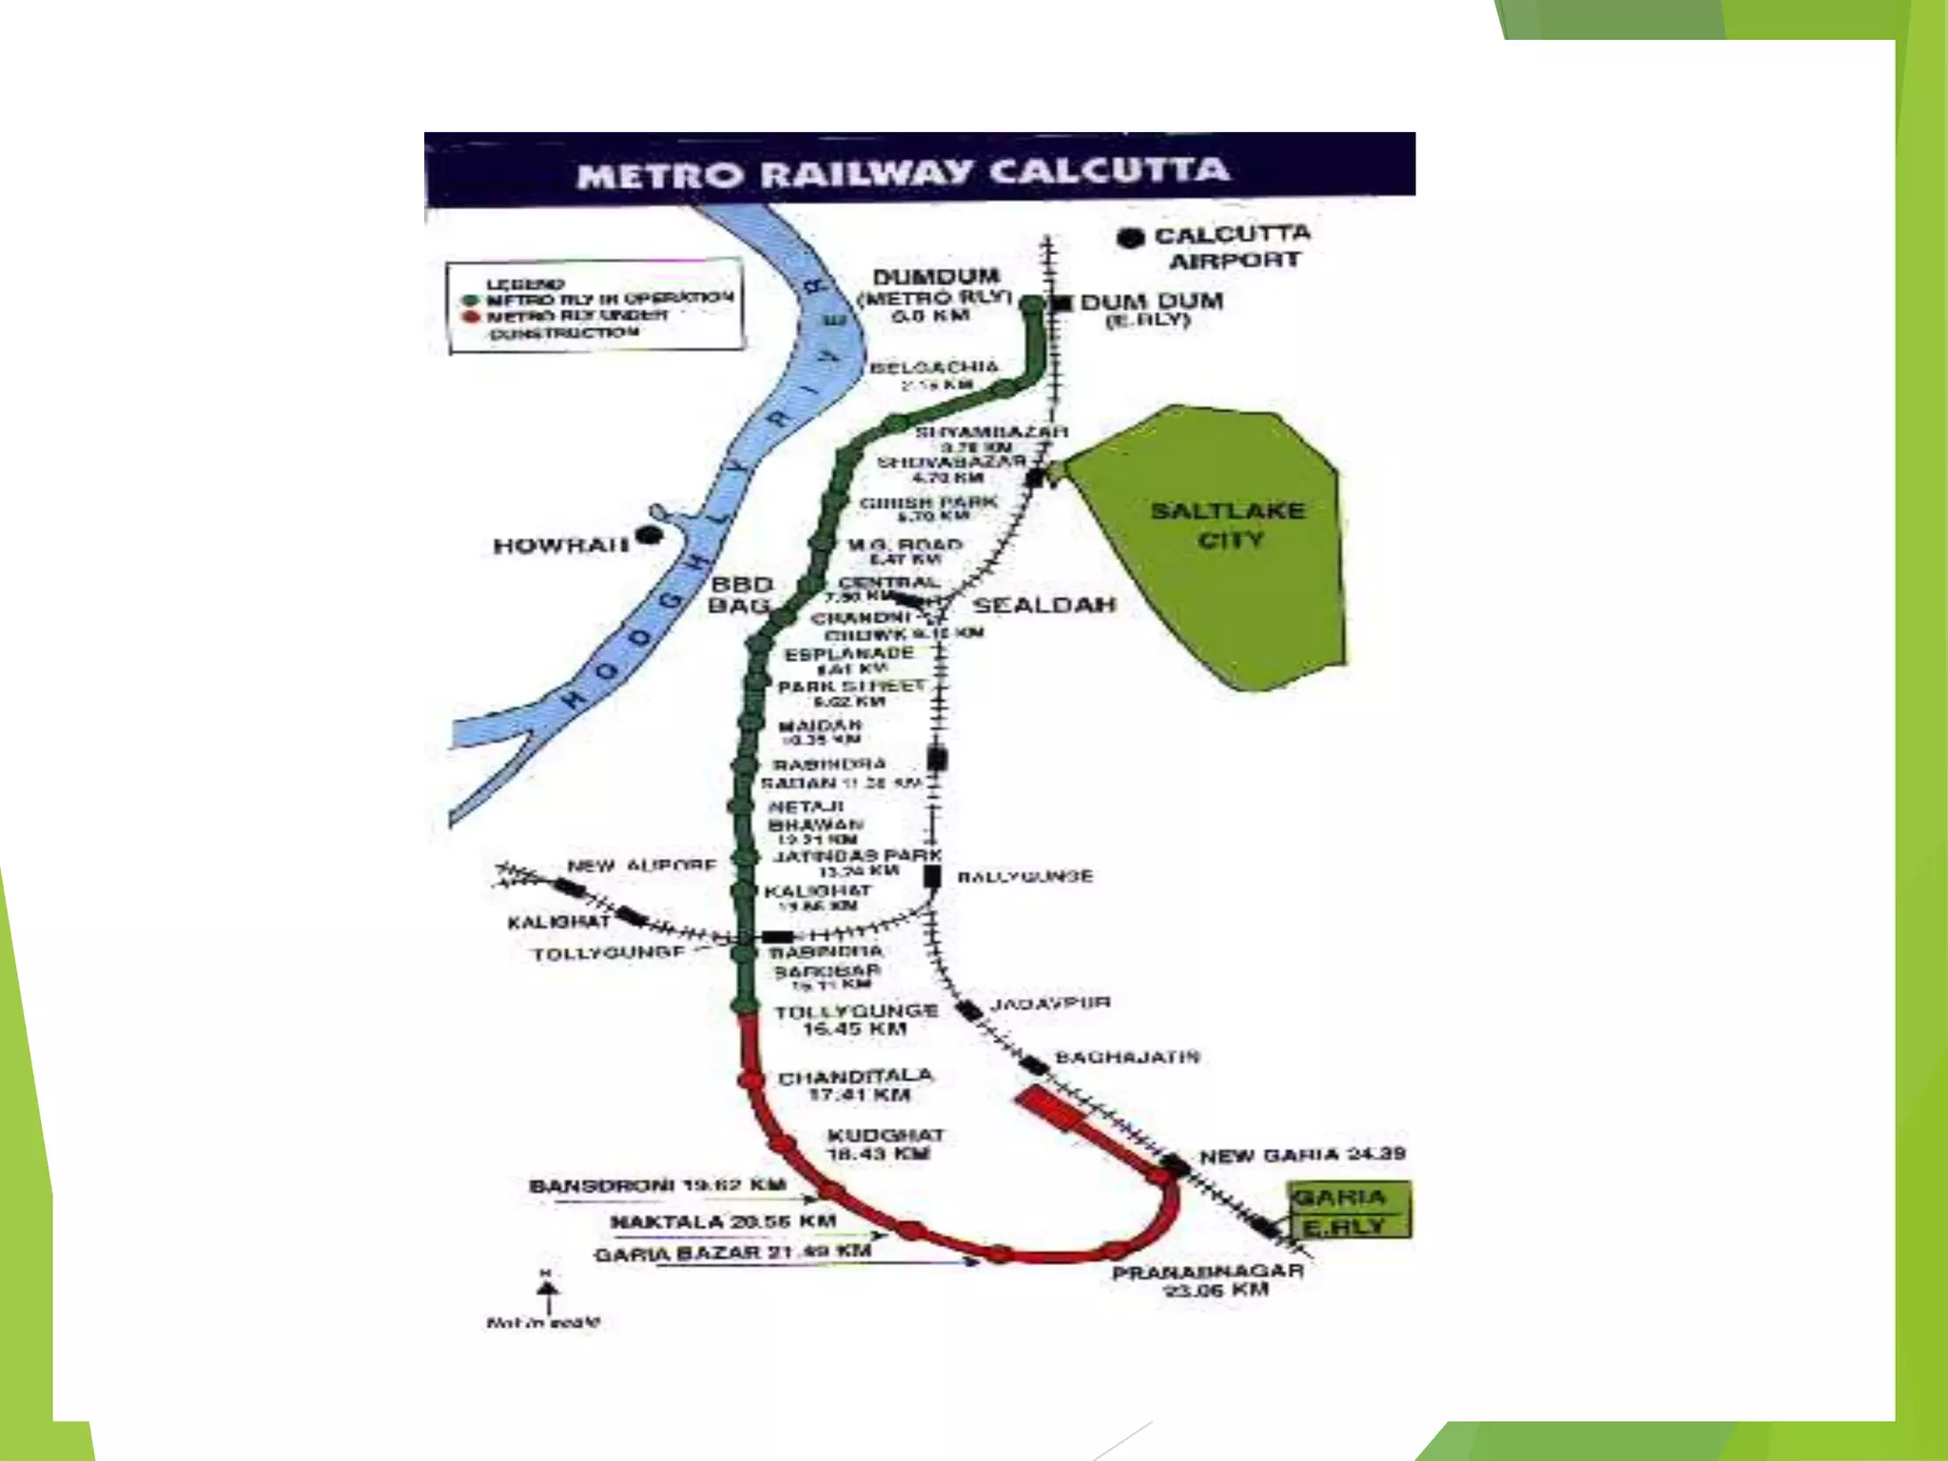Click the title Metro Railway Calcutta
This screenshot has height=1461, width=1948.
coord(903,173)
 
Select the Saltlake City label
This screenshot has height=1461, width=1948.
coord(1228,525)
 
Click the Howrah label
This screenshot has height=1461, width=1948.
coord(560,546)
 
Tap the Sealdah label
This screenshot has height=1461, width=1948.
coord(1043,605)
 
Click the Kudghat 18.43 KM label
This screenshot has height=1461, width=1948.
coord(885,1144)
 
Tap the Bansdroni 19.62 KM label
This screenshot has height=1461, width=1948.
coord(657,1186)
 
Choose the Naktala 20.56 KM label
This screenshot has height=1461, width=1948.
coord(723,1221)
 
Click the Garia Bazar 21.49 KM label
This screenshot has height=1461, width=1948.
coord(732,1253)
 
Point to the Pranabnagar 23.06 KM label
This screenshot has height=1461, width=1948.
coord(1208,1280)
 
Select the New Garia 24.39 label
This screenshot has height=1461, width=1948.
coord(1301,1156)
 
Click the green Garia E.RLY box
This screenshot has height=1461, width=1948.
coord(1349,1211)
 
